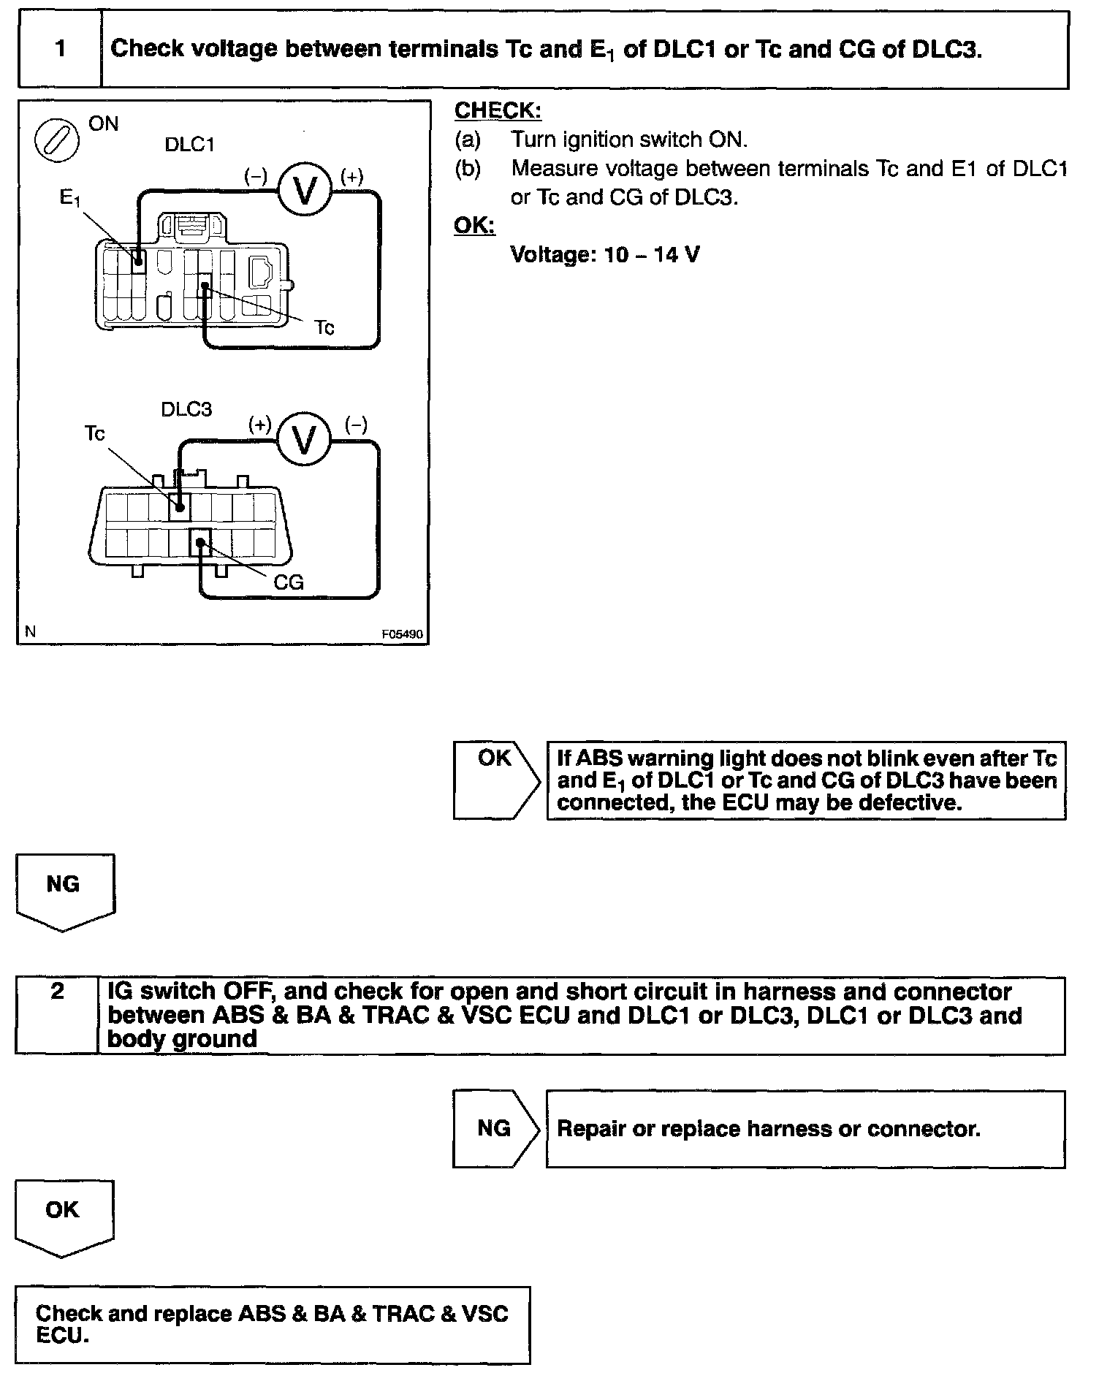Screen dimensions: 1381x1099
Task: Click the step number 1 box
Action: (60, 49)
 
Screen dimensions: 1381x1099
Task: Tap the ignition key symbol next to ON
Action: (57, 140)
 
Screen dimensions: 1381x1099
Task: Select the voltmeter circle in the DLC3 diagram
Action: (305, 438)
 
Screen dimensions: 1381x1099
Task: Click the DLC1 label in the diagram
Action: (189, 145)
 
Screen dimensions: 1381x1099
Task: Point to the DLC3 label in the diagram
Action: (186, 409)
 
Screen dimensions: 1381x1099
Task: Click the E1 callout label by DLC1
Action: (70, 197)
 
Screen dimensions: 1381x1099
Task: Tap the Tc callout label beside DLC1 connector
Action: (324, 328)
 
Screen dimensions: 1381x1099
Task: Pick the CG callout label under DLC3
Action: (288, 582)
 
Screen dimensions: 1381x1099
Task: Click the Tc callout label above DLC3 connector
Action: (95, 434)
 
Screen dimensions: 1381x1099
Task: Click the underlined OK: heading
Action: (474, 225)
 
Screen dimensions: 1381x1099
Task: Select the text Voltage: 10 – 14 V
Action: (604, 255)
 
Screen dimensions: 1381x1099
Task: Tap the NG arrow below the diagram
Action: (64, 889)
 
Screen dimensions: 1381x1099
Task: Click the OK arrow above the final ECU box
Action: (64, 1214)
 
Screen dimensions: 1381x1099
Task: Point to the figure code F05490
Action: (402, 634)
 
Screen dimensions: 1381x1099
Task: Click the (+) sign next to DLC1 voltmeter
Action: (351, 176)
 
